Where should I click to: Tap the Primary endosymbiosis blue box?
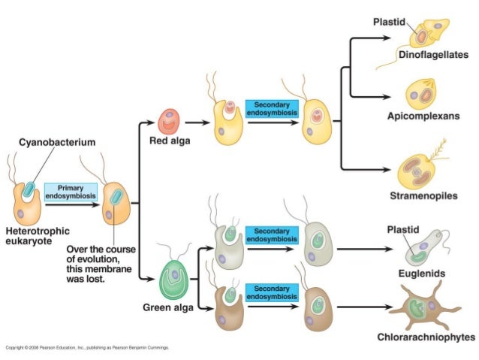(71, 191)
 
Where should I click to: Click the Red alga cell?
(170, 119)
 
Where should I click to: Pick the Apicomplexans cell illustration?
(420, 95)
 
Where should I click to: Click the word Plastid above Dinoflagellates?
(390, 21)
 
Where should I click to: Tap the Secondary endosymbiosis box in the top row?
(272, 108)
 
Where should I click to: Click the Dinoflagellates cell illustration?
(429, 33)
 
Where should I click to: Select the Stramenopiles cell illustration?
(417, 168)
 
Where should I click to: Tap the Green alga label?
(165, 308)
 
